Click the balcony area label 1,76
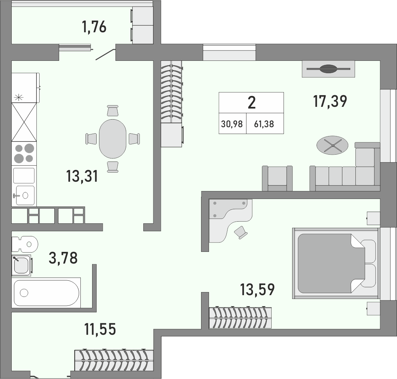coord(94,27)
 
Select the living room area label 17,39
coord(330,101)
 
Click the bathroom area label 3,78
coord(63,258)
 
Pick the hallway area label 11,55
coord(100,329)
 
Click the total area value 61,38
coord(264,124)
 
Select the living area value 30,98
coord(232,124)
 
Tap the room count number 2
coord(252,102)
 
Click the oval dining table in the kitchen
coord(113,139)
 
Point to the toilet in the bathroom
coord(25,244)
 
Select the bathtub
coord(46,293)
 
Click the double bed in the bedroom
coord(335,263)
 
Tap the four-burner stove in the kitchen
coord(24,153)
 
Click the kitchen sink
coord(24,195)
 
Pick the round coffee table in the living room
coord(332,145)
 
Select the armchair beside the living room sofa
coord(277,178)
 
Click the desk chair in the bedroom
coord(241,232)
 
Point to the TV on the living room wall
coord(328,69)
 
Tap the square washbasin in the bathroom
coord(22,265)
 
